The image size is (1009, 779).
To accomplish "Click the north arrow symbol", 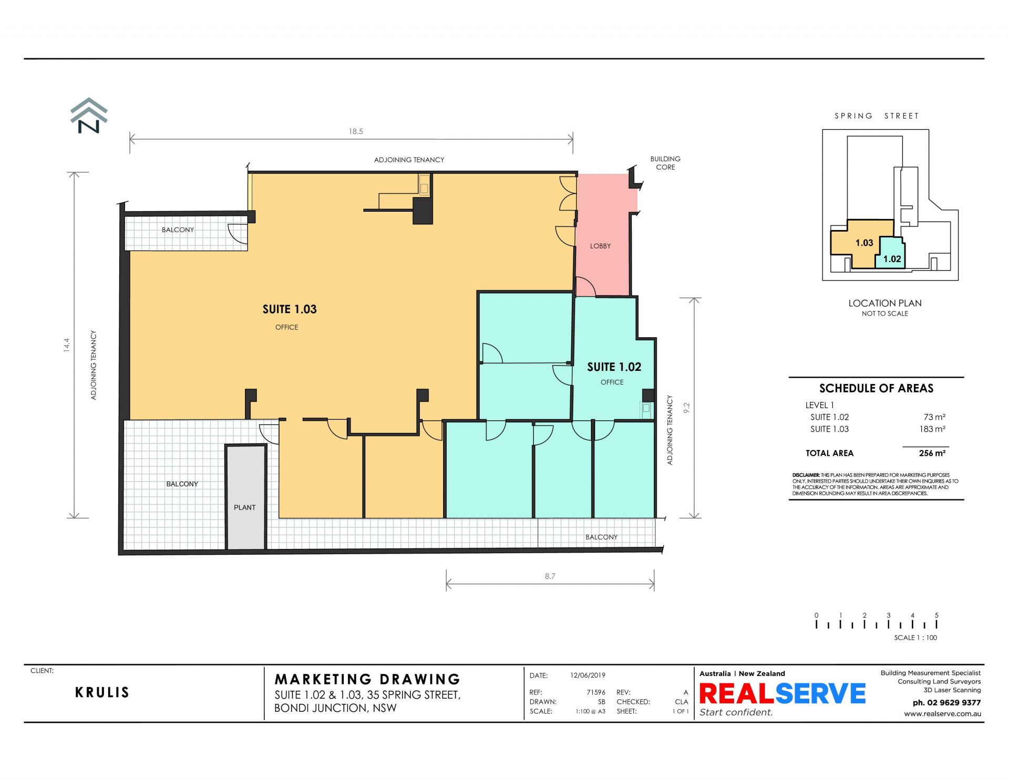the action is point(89,115).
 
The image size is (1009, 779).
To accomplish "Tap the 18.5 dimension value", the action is point(356,131).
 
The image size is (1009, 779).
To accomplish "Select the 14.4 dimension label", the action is point(67,345).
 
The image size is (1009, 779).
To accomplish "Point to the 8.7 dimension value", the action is point(550,576).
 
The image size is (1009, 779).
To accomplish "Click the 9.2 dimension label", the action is point(686,408).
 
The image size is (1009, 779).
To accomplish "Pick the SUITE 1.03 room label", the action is point(290,309).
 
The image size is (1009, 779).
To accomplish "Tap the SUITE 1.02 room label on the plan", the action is point(614,367).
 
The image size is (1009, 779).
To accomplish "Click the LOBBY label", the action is point(600,246).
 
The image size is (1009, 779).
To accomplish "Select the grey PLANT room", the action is point(245,497).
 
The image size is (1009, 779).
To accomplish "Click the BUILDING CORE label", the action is point(665,163).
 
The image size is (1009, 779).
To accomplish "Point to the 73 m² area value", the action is point(934,417).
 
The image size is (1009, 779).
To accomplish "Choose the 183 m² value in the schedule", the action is point(932,429).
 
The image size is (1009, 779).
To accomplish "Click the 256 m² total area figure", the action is point(932,453).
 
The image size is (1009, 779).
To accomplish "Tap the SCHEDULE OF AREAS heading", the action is point(876,389).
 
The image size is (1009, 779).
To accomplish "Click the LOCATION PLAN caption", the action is point(885,303).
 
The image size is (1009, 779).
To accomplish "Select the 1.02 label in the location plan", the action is point(892,259).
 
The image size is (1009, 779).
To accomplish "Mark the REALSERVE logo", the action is point(782,693).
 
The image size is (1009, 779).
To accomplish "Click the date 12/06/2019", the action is point(588,676).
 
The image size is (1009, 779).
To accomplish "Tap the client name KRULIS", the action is point(102,692).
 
